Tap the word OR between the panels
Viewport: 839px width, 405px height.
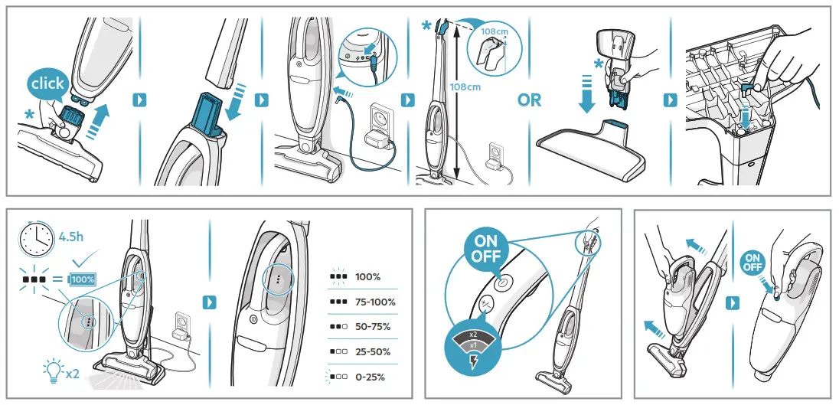[529, 100]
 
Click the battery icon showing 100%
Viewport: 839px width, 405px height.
[82, 279]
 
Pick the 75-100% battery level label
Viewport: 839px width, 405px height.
[375, 302]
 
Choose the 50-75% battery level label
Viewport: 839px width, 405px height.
[374, 327]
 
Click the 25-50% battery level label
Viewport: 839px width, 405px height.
[374, 352]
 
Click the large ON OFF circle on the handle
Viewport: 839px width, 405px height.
[486, 250]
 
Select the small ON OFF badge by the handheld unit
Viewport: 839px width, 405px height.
[752, 263]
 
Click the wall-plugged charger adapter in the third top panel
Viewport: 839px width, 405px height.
[377, 140]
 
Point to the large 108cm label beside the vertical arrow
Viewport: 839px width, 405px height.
[465, 87]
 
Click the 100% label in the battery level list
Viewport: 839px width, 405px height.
[368, 276]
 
